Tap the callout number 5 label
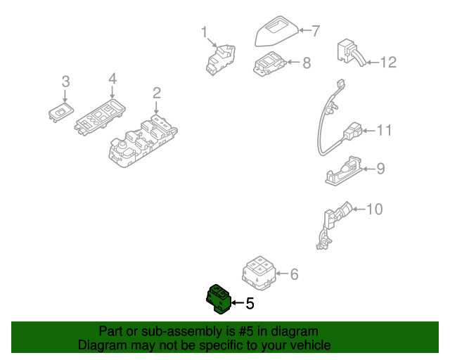coord(250,304)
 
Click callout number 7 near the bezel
coord(316,30)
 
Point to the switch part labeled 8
coord(269,64)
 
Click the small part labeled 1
coord(220,58)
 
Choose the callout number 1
coord(205,32)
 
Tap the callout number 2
coord(156,93)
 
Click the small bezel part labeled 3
coord(60,111)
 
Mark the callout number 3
coord(65,82)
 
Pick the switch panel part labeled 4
coord(101,117)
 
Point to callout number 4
coord(112,79)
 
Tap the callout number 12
coord(388,63)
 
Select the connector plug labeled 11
coord(353,131)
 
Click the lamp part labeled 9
coord(345,171)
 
